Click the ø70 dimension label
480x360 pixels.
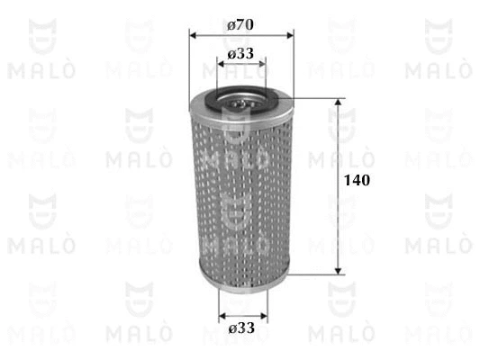point(240,25)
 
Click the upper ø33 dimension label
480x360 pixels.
point(240,53)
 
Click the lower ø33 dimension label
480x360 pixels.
point(241,328)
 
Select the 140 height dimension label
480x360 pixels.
point(357,180)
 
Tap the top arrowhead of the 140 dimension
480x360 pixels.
point(338,103)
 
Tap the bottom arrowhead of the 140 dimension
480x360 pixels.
point(338,271)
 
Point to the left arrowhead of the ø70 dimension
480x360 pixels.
point(193,35)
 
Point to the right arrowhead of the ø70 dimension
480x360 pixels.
point(290,35)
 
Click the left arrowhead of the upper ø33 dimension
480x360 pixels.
point(221,64)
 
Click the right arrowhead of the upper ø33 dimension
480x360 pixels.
point(262,64)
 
